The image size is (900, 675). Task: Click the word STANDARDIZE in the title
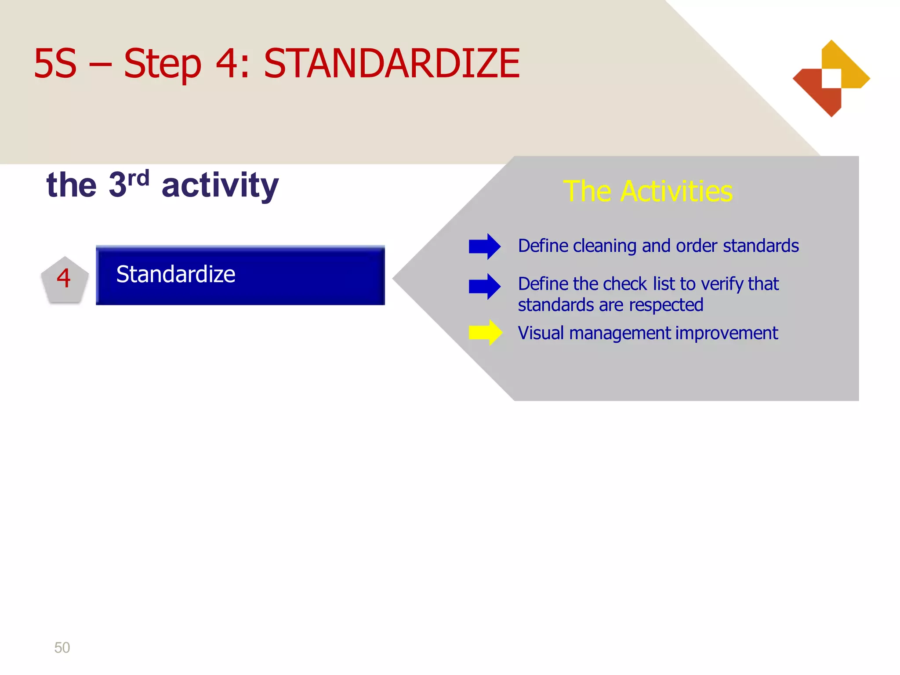click(x=391, y=64)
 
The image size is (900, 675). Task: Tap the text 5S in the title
click(x=55, y=64)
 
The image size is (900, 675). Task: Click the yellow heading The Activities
click(x=648, y=192)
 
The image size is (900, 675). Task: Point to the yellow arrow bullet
click(x=485, y=333)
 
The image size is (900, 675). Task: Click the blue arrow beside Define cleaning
click(x=484, y=246)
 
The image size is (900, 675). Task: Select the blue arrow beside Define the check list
click(x=484, y=287)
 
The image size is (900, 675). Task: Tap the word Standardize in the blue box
click(x=175, y=274)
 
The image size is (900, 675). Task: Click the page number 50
click(x=62, y=647)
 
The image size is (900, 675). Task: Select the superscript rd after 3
click(x=138, y=178)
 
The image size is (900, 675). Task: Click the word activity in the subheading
click(x=220, y=185)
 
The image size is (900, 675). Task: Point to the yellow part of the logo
click(x=850, y=66)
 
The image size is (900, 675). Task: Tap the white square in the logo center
click(x=831, y=78)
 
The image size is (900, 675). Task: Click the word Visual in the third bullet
click(x=541, y=333)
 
